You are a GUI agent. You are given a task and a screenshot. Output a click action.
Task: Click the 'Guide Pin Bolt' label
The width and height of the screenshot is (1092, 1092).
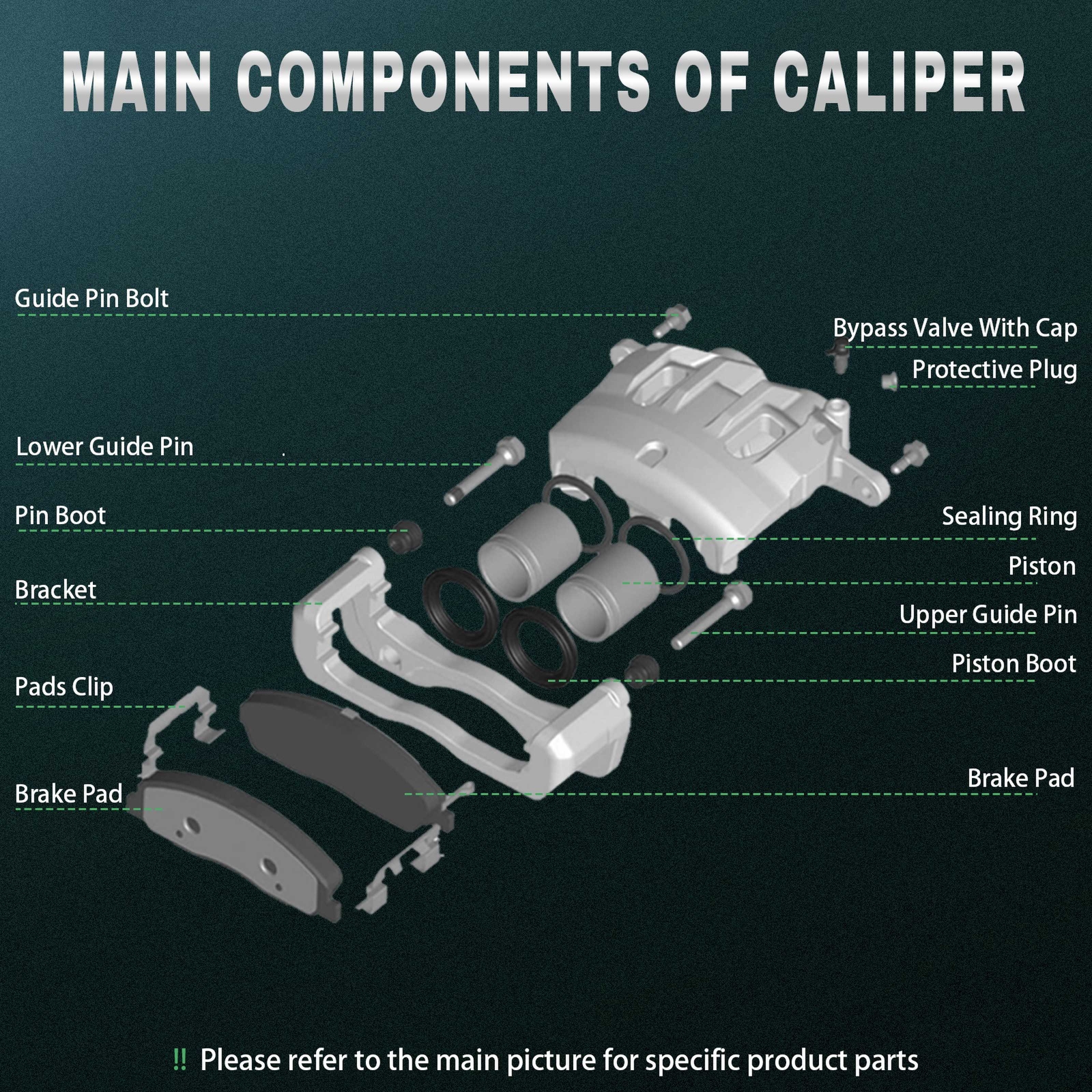point(91,299)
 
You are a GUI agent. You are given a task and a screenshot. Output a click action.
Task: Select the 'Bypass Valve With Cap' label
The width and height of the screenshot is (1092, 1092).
point(954,328)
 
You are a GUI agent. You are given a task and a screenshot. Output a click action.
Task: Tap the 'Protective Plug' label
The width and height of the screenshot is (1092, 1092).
point(994,370)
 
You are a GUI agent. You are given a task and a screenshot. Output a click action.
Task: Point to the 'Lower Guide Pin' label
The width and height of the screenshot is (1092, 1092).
point(104,447)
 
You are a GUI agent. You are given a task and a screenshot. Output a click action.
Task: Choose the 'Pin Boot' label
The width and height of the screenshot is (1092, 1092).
point(60,515)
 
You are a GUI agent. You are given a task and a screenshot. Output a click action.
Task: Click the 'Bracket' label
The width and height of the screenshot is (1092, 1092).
point(55,590)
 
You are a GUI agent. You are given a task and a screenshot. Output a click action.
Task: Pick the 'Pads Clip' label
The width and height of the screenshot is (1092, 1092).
point(63,687)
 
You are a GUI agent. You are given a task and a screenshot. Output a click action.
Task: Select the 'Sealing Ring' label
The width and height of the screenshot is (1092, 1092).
point(1009,517)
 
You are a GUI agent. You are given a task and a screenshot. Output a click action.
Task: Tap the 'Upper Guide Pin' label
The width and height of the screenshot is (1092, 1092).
point(987,615)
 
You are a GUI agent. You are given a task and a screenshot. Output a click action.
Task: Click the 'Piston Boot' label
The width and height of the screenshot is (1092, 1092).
point(1013,663)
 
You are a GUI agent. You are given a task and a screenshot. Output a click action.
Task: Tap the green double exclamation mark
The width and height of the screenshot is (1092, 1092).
point(179,1060)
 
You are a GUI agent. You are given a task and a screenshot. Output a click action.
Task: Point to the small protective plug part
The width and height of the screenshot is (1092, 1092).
point(889,380)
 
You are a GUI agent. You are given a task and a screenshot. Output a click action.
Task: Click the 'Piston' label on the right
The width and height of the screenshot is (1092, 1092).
point(1041,566)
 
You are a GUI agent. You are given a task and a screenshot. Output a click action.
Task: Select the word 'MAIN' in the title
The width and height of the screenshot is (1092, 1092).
point(136,85)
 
